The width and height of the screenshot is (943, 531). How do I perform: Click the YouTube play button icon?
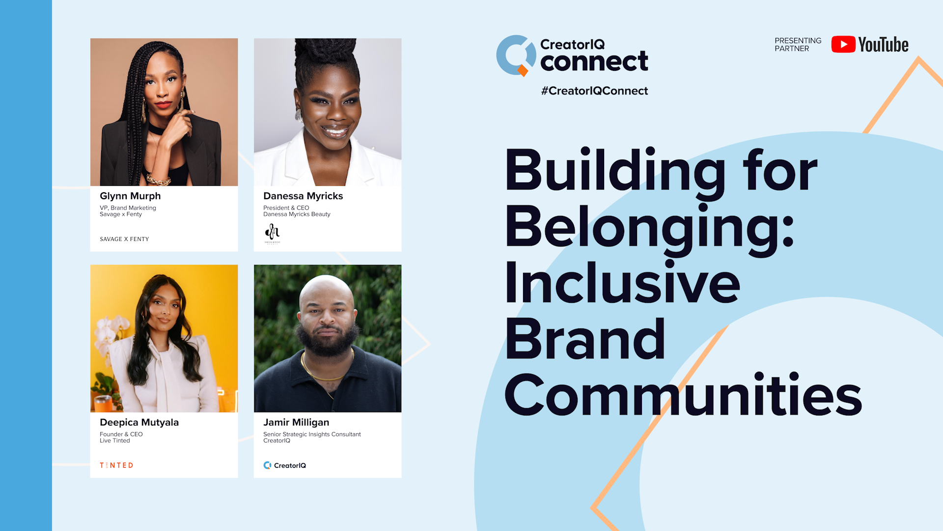(x=843, y=44)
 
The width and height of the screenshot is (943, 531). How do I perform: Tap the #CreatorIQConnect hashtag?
(x=594, y=91)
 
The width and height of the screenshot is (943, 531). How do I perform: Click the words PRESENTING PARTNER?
(x=798, y=44)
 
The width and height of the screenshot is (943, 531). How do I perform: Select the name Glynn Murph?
(x=130, y=196)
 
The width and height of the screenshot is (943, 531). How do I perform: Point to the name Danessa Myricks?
(x=303, y=196)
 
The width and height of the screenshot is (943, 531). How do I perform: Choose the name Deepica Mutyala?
(x=139, y=422)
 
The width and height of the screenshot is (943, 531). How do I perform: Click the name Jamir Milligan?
(x=296, y=422)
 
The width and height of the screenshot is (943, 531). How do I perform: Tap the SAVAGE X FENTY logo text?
(x=124, y=239)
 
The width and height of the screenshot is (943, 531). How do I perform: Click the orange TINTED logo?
(x=116, y=465)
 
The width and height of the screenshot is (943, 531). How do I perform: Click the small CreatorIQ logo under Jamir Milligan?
(x=284, y=465)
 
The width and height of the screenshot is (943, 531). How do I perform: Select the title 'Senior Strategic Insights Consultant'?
(x=312, y=434)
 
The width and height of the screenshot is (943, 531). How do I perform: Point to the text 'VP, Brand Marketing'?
(x=128, y=208)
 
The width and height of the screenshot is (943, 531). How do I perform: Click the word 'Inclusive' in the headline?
(x=622, y=282)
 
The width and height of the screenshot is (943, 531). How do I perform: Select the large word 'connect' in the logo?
(x=594, y=61)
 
